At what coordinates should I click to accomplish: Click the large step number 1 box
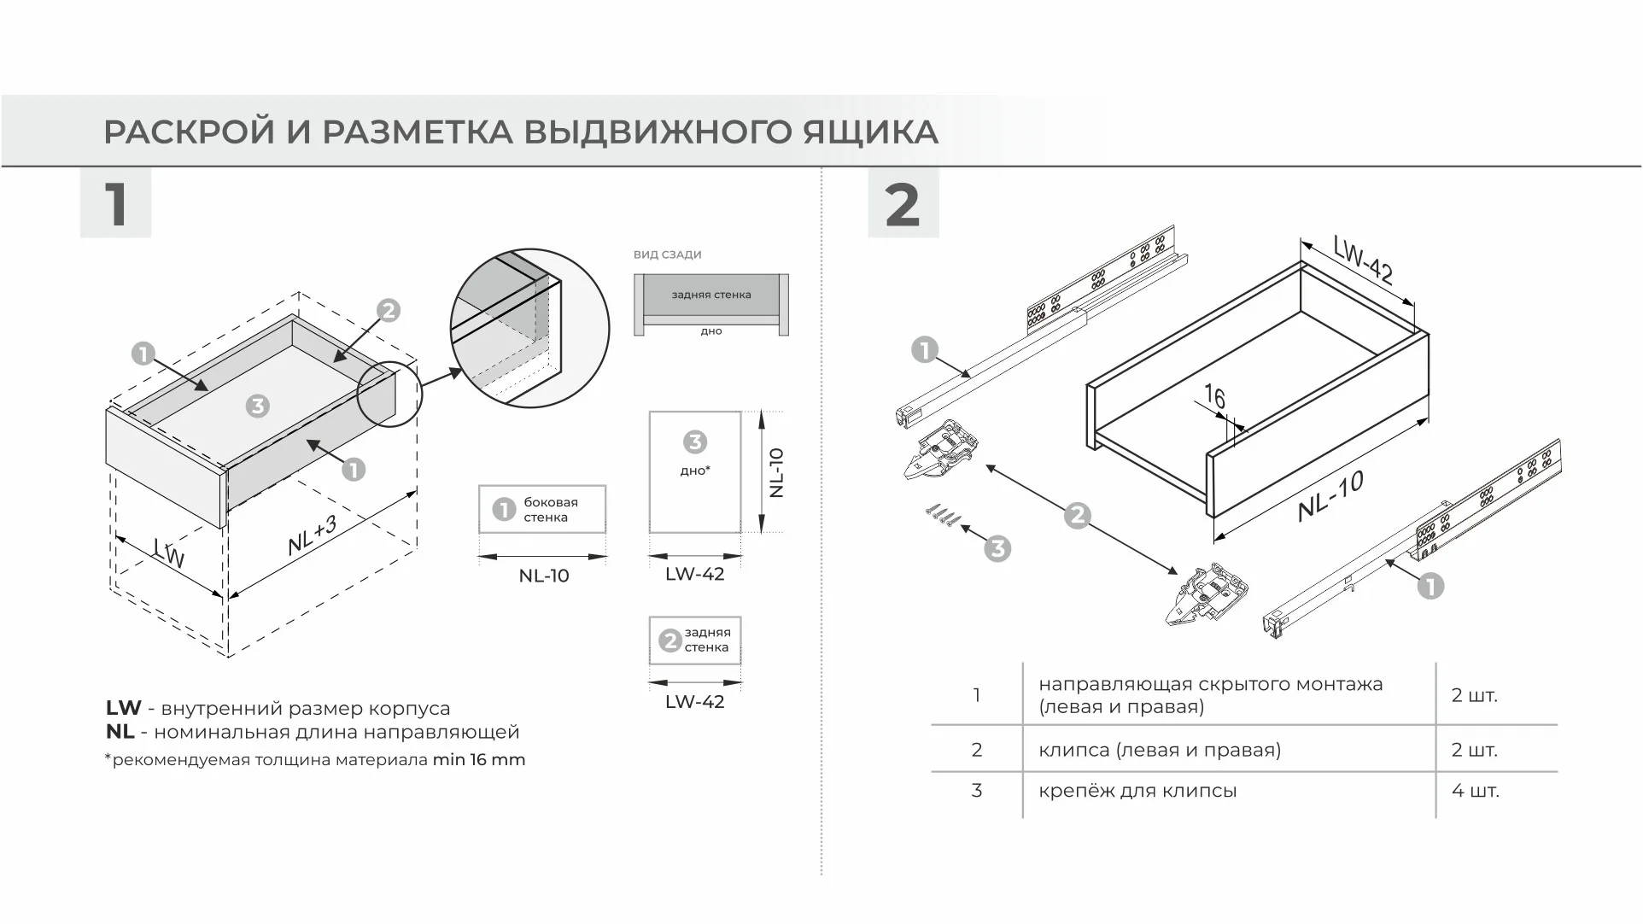[x=115, y=203]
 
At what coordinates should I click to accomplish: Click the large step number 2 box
[x=903, y=203]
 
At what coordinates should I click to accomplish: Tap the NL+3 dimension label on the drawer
[x=313, y=535]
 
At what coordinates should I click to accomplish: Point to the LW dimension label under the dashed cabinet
[x=168, y=553]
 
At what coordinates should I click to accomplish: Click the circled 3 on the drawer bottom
[x=257, y=406]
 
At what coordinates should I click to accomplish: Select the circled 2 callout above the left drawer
[x=388, y=311]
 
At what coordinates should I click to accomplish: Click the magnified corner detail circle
[x=529, y=329]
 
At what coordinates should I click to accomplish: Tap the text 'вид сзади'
[x=667, y=254]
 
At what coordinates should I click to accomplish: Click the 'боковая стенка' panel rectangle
[x=542, y=510]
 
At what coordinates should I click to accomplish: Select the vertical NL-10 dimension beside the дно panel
[x=775, y=472]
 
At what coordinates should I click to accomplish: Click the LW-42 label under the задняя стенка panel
[x=694, y=702]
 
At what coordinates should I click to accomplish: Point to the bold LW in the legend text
[x=123, y=708]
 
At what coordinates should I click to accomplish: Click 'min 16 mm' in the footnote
[x=478, y=760]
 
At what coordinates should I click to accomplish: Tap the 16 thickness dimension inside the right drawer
[x=1213, y=397]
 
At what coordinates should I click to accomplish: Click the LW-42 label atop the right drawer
[x=1363, y=260]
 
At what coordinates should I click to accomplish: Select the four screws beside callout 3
[x=941, y=515]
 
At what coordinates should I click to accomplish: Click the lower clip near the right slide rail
[x=1206, y=594]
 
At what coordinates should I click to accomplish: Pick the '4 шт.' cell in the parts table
[x=1475, y=791]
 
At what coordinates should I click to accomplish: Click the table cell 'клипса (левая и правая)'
[x=1159, y=750]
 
